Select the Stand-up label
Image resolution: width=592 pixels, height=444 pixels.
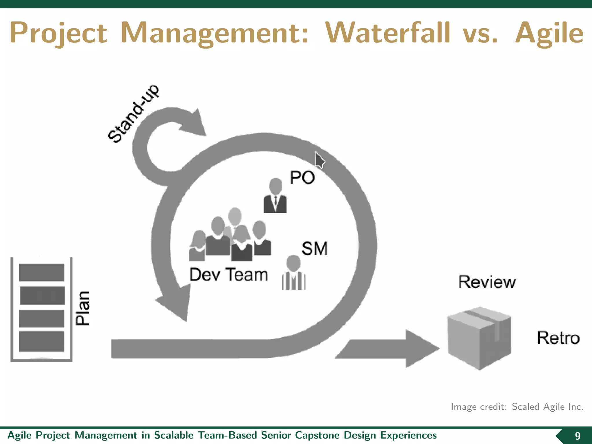pyautogui.click(x=133, y=114)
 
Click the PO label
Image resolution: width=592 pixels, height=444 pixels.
pyautogui.click(x=302, y=177)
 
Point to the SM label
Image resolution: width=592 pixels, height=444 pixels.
pyautogui.click(x=315, y=249)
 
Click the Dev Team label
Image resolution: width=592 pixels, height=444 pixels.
pyautogui.click(x=228, y=275)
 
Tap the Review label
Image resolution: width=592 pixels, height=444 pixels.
pyautogui.click(x=487, y=282)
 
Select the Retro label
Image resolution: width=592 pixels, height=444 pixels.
pyautogui.click(x=558, y=338)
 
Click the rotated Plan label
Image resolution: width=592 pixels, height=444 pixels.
pyautogui.click(x=83, y=308)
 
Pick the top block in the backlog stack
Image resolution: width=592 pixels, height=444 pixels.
pyautogui.click(x=41, y=272)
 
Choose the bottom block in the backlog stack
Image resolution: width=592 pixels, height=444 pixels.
pyautogui.click(x=41, y=341)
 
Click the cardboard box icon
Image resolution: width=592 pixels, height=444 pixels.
pyautogui.click(x=479, y=338)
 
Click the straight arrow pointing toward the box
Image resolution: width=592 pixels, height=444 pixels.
pyautogui.click(x=387, y=349)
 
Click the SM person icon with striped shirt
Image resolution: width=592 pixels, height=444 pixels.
pyautogui.click(x=294, y=273)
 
